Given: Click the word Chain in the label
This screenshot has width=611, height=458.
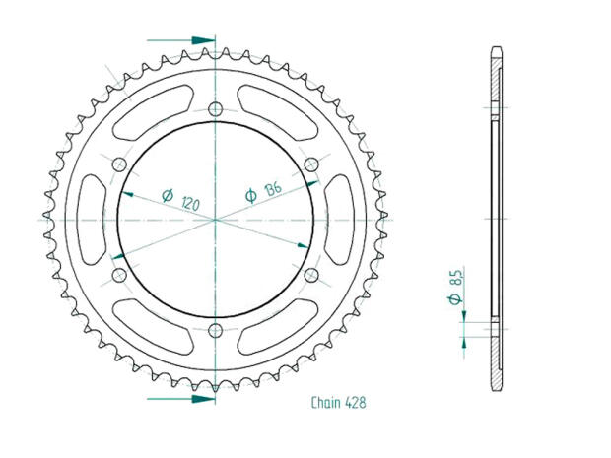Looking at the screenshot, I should pyautogui.click(x=326, y=403).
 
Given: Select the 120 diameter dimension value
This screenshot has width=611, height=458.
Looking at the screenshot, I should pyautogui.click(x=190, y=203).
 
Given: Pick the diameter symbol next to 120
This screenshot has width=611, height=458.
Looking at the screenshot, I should pyautogui.click(x=166, y=195).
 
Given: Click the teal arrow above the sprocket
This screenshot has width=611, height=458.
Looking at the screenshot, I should pyautogui.click(x=202, y=40).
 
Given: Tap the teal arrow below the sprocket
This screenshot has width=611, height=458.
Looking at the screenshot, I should pyautogui.click(x=202, y=399).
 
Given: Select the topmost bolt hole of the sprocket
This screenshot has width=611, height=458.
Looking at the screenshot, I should pyautogui.click(x=216, y=108).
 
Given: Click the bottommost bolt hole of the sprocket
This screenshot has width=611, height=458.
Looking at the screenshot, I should pyautogui.click(x=216, y=330).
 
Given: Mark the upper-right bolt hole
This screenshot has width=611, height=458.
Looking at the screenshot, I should pyautogui.click(x=311, y=164).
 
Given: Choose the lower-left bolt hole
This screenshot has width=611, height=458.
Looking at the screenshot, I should pyautogui.click(x=120, y=275).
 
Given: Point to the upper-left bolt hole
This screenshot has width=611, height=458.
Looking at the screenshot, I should pyautogui.click(x=120, y=164).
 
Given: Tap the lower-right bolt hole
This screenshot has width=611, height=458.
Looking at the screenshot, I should pyautogui.click(x=311, y=275).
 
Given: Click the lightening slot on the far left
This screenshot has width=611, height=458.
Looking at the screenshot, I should pyautogui.click(x=90, y=219).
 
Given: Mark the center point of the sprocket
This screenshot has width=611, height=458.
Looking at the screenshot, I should pyautogui.click(x=216, y=219).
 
